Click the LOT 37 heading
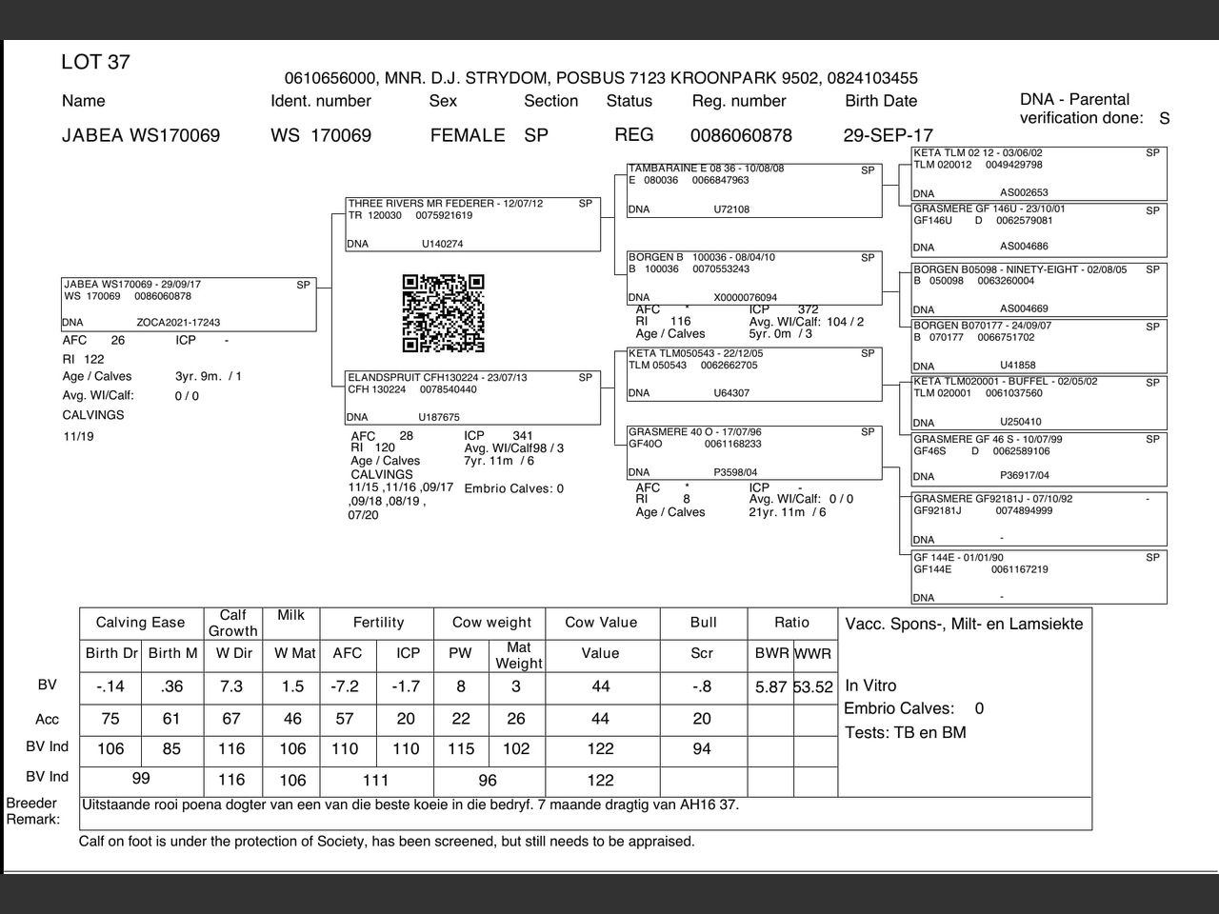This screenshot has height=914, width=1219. [x=95, y=63]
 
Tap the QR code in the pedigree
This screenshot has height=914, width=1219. [x=443, y=313]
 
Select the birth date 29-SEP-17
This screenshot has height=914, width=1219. [x=888, y=135]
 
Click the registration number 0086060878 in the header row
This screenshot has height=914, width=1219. [x=741, y=135]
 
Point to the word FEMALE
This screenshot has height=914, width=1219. [x=467, y=135]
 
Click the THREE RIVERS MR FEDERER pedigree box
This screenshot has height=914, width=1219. [x=473, y=225]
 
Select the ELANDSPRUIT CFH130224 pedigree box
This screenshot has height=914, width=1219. [x=473, y=398]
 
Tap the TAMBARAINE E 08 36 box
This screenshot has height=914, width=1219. [x=754, y=190]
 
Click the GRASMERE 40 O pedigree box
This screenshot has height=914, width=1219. [x=754, y=452]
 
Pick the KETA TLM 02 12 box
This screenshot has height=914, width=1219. [x=1039, y=173]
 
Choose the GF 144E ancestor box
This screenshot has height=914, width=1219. [x=1039, y=577]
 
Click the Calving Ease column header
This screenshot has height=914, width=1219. [x=140, y=623]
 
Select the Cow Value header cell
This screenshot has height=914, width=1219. [x=600, y=623]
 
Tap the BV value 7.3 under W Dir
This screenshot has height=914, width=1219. [x=231, y=686]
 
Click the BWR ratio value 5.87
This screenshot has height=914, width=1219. [x=770, y=687]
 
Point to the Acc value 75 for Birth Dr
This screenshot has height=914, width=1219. [x=110, y=719]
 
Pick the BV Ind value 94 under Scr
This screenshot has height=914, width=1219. [x=702, y=749]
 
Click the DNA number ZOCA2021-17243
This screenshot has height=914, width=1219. [x=178, y=323]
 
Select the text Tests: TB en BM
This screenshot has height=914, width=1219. [x=905, y=733]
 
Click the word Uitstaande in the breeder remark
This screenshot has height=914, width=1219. [x=116, y=805]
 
